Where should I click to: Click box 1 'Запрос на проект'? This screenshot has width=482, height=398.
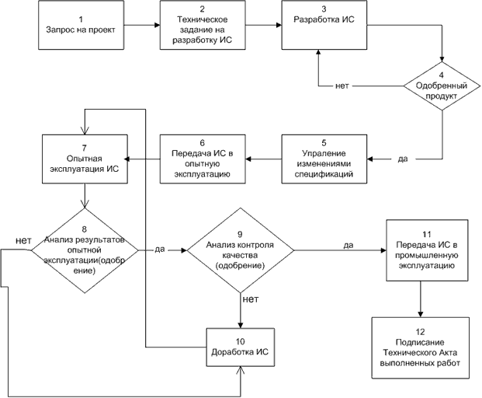(81, 25)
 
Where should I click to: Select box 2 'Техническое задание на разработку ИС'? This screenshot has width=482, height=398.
(203, 25)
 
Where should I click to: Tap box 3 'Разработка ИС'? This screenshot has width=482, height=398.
(324, 25)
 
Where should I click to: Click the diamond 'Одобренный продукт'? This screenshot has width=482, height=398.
(442, 86)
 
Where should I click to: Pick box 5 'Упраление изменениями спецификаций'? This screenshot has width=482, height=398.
(324, 159)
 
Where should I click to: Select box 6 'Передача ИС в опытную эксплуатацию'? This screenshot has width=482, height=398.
(203, 159)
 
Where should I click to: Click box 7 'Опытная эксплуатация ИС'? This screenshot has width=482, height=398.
(85, 159)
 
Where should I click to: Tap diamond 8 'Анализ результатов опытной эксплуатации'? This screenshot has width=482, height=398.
(85, 250)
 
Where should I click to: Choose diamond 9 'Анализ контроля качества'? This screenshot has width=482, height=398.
(241, 250)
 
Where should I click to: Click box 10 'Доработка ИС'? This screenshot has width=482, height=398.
(241, 347)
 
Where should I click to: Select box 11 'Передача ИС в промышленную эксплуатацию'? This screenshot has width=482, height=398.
(428, 250)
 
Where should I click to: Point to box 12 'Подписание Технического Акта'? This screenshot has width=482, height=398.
(421, 347)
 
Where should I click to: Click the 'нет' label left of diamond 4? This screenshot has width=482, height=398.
(342, 86)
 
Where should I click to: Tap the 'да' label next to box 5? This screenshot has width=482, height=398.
(403, 159)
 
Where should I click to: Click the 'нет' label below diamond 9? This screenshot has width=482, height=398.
(251, 298)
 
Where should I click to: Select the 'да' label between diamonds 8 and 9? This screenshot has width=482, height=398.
(160, 249)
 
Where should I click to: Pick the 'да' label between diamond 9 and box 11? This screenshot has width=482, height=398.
(348, 245)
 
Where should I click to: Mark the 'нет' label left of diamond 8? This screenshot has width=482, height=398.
(23, 240)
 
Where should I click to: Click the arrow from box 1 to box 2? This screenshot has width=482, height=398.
(142, 25)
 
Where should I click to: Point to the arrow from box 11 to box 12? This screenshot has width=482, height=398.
(421, 298)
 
